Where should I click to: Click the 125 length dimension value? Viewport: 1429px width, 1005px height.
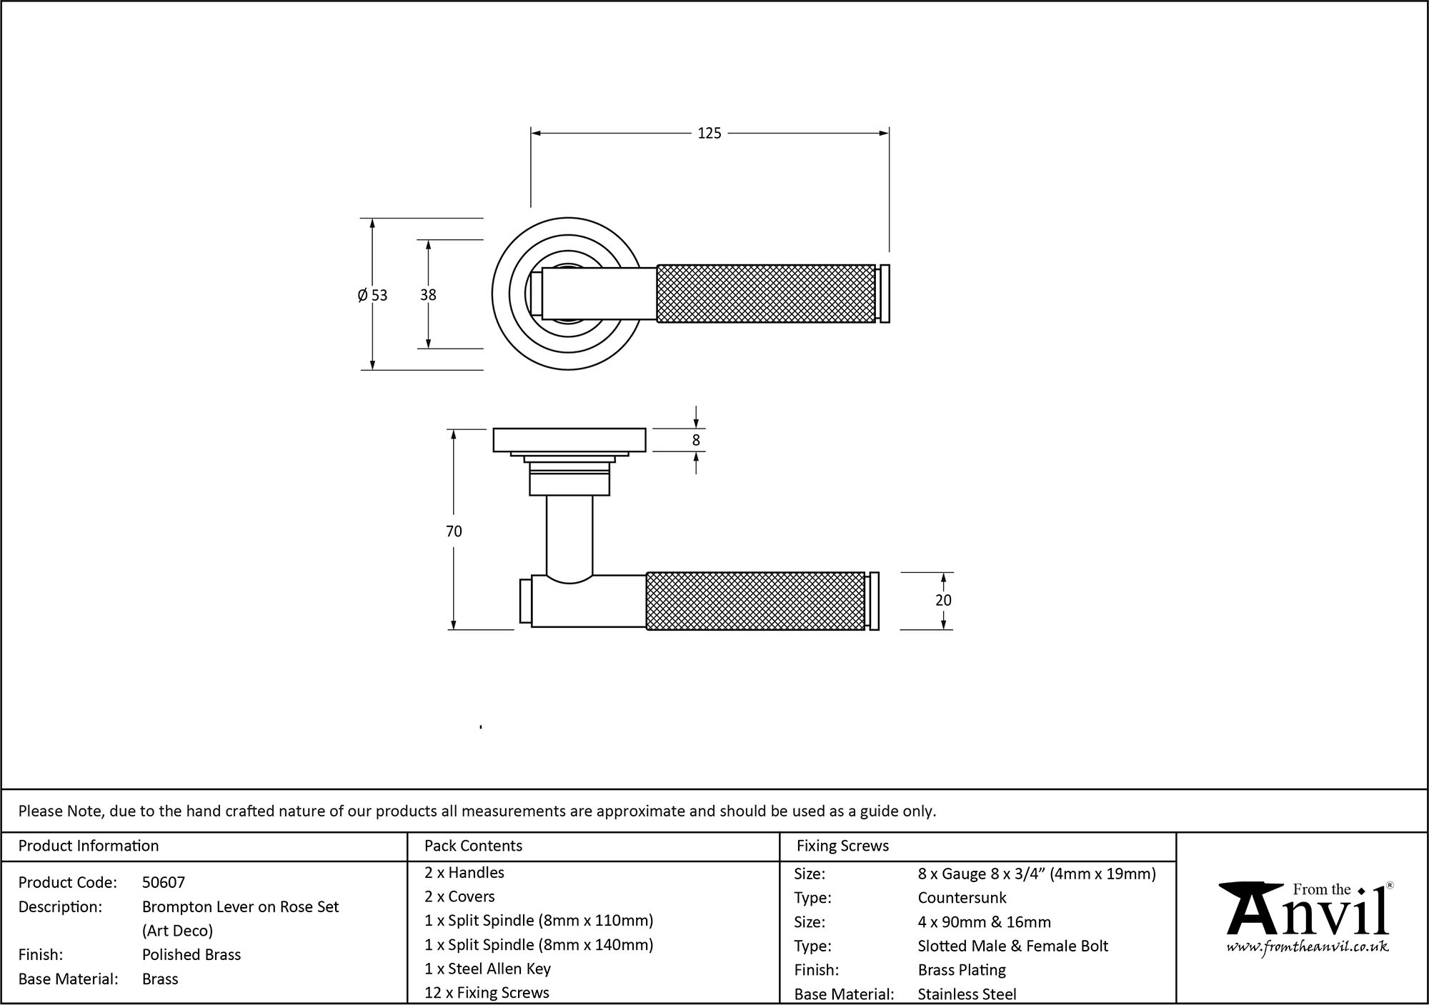(x=709, y=134)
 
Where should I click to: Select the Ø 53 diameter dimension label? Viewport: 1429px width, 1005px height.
(x=372, y=295)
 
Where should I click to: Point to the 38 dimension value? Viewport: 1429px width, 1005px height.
(x=428, y=295)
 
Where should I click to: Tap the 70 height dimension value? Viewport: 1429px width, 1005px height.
(x=454, y=531)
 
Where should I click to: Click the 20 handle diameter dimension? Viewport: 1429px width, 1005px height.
(x=943, y=601)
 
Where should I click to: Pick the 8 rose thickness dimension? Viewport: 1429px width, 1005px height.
(x=696, y=441)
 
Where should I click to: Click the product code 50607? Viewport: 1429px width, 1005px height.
(x=164, y=883)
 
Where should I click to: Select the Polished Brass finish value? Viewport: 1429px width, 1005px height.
(x=191, y=955)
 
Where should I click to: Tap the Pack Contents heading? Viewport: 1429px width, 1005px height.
(x=473, y=846)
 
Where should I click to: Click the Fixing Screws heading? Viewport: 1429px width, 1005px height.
(x=842, y=846)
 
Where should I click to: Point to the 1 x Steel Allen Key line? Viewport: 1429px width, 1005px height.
(x=487, y=969)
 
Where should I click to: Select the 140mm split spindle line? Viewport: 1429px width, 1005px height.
(x=539, y=945)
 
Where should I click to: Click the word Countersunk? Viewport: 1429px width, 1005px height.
(x=962, y=898)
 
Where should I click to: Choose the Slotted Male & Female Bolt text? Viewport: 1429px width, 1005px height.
(x=1012, y=946)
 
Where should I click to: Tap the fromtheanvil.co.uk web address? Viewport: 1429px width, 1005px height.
(x=1308, y=948)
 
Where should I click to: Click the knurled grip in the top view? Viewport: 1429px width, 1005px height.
(x=765, y=294)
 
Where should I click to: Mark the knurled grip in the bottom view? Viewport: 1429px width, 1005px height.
(x=755, y=601)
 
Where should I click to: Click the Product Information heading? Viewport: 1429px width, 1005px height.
(x=89, y=846)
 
